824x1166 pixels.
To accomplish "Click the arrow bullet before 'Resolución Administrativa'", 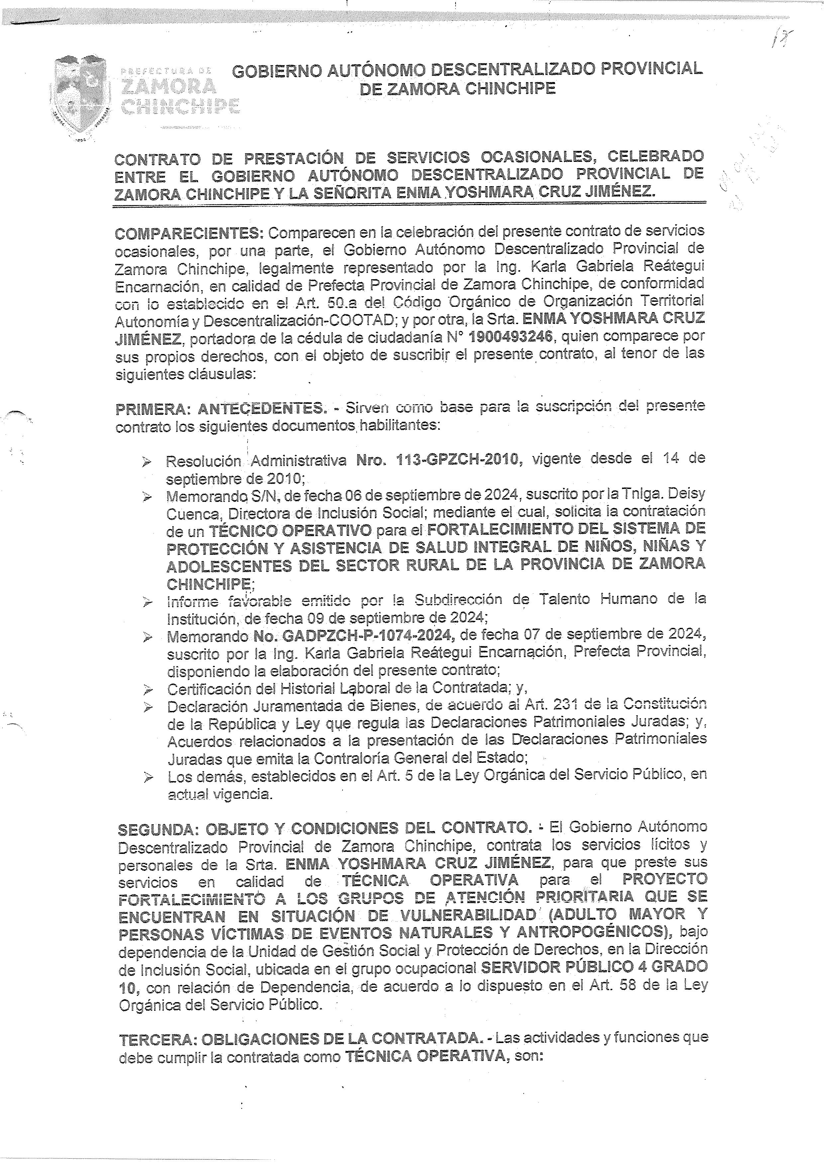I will click(147, 462).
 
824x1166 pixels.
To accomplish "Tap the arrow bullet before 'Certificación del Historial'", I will click(148, 690).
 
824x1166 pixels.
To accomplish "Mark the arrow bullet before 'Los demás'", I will click(148, 776).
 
